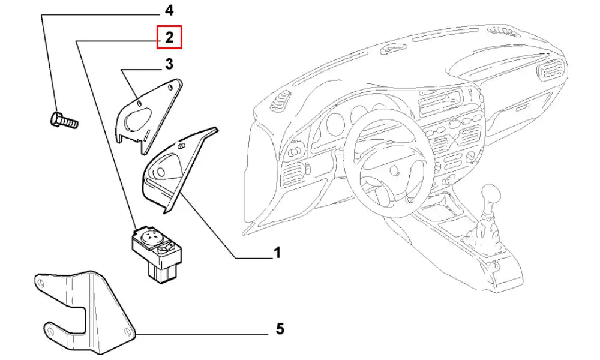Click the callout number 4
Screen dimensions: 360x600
pyautogui.click(x=169, y=10)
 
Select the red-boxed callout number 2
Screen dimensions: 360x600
pyautogui.click(x=169, y=38)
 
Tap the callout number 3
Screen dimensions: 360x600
pyautogui.click(x=169, y=64)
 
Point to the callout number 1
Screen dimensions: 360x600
pyautogui.click(x=277, y=253)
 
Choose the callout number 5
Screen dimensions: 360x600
pyautogui.click(x=280, y=329)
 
